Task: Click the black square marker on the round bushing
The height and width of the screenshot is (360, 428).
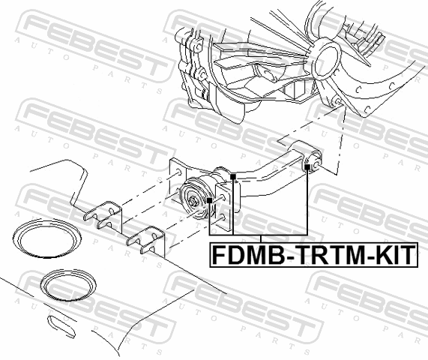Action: click(209, 200)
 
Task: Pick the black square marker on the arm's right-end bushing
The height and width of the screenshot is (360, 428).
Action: click(307, 167)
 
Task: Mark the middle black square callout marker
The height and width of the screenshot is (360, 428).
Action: click(233, 177)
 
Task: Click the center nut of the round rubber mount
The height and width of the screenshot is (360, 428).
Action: click(193, 202)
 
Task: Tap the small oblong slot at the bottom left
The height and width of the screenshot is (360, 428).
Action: click(61, 326)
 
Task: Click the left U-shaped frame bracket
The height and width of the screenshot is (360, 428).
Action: click(103, 215)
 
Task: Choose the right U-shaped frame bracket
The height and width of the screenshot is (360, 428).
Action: click(145, 240)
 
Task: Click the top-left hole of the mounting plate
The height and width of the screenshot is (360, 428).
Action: click(178, 172)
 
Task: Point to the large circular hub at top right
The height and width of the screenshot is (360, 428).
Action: click(326, 59)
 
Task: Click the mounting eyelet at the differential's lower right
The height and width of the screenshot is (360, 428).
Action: click(337, 102)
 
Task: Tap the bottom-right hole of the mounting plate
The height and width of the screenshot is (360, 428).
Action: click(222, 217)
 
